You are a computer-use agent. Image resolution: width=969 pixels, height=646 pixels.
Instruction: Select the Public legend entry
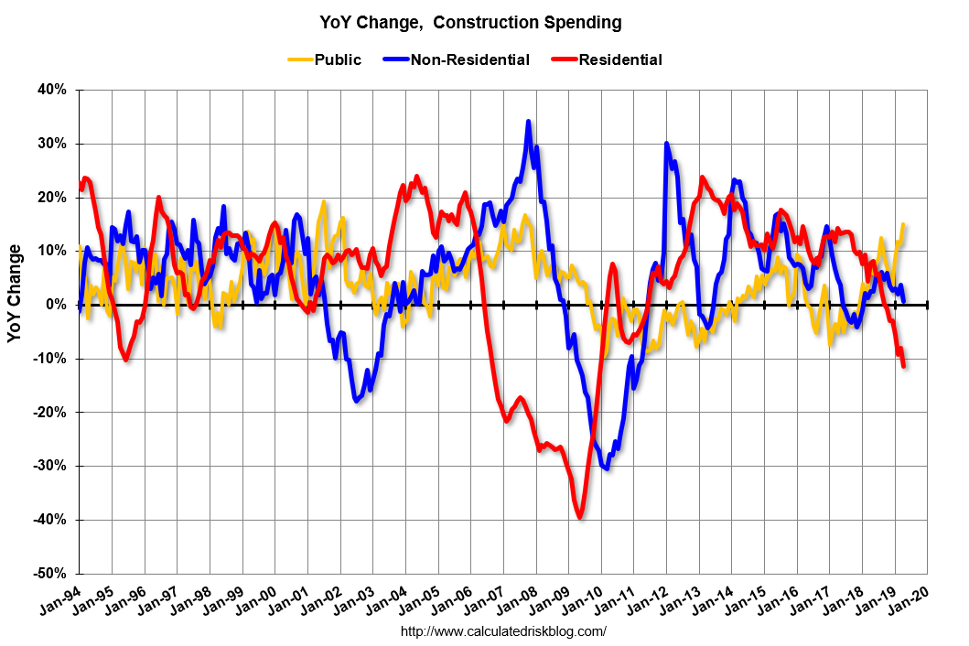[x=337, y=60]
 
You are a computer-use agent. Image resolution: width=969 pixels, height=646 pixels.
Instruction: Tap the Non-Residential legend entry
[x=469, y=60]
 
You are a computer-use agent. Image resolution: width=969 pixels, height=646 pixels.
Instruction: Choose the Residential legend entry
[x=619, y=60]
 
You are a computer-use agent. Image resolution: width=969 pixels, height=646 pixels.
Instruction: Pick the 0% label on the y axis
[x=58, y=305]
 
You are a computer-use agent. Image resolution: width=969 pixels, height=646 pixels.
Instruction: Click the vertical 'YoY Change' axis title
[x=16, y=294]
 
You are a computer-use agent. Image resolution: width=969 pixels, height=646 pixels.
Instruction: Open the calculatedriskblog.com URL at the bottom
[x=504, y=631]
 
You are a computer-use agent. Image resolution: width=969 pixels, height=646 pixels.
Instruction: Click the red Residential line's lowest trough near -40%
[x=580, y=518]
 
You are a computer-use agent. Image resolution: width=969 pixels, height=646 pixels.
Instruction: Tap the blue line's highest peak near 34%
[x=528, y=122]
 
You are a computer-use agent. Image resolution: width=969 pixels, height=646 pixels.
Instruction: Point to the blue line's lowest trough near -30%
[x=607, y=468]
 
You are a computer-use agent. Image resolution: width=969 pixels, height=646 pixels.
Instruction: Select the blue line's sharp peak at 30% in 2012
[x=666, y=144]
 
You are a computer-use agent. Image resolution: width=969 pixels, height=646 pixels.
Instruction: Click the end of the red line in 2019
[x=904, y=366]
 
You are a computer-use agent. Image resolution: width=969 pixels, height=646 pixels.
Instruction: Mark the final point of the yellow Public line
[x=903, y=224]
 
